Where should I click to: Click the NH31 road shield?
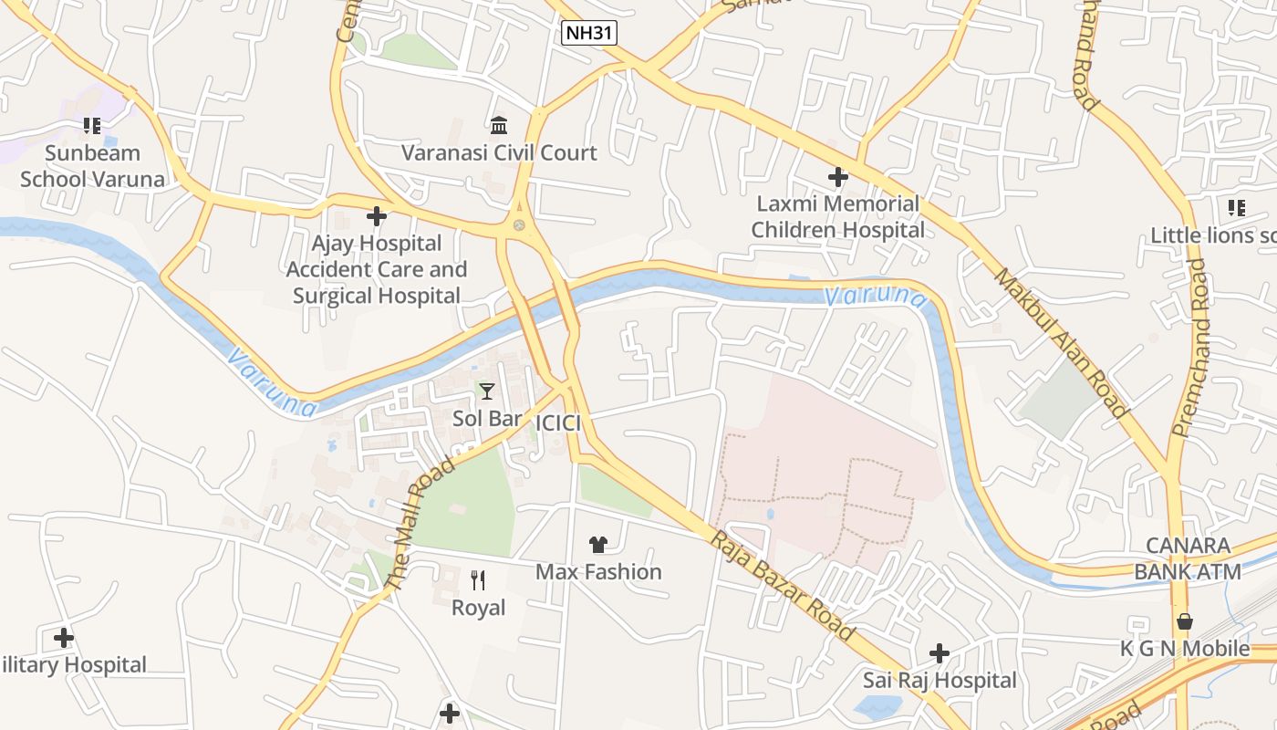point(589,34)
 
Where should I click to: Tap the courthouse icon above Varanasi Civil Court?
point(499,125)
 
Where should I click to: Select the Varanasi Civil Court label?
point(499,152)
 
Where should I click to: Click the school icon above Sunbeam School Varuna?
point(92,125)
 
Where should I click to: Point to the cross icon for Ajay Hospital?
point(376,216)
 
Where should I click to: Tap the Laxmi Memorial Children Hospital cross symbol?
point(837,176)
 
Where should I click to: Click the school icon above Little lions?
point(1236,208)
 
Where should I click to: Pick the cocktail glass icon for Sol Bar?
point(487,391)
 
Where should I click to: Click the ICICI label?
point(558,422)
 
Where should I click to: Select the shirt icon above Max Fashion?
point(598,545)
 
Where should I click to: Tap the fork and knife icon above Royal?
point(478,579)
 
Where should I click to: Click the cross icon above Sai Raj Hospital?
point(940,653)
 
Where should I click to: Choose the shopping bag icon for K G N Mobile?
point(1184,621)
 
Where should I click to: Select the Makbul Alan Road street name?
point(1061,342)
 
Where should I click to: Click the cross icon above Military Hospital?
point(64,637)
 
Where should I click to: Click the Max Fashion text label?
point(598,572)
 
